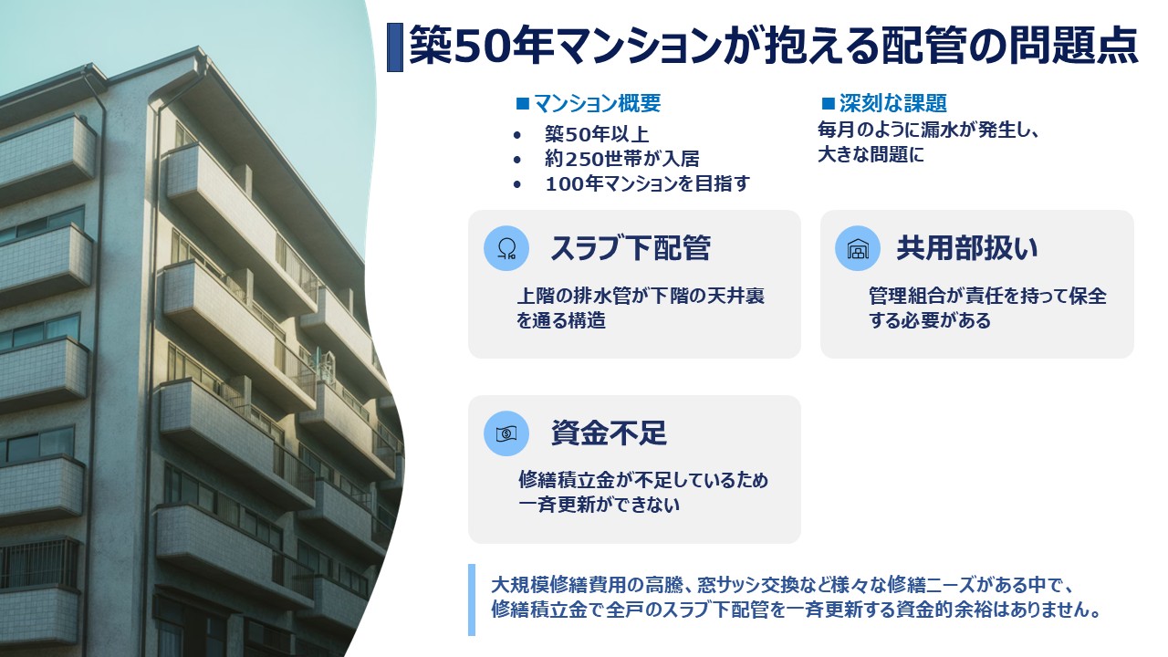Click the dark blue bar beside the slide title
pos(395,47)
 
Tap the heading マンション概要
pos(597,103)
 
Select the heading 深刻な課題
pos(892,103)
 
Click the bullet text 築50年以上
pos(597,134)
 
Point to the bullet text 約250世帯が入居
pos(622,159)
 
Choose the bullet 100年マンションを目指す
pos(647,183)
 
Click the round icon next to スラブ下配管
pos(506,247)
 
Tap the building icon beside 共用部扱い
pos(858,247)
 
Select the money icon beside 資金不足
pos(506,433)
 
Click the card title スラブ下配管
pos(631,247)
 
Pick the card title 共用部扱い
pos(967,247)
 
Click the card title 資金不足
pos(609,433)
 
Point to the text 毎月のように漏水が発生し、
pos(929,130)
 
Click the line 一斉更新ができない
pos(600,505)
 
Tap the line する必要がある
pos(930,320)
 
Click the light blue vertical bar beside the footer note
pos(472,600)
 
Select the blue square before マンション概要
pos(523,103)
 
